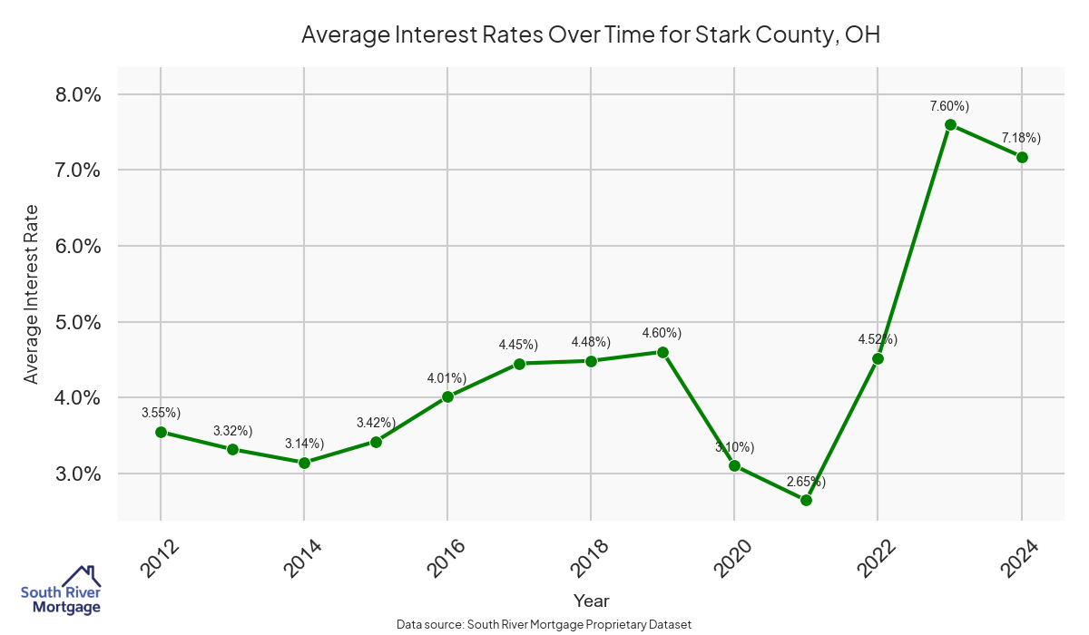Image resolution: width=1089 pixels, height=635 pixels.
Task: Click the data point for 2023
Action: click(x=950, y=125)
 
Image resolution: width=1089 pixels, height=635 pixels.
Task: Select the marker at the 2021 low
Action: click(x=806, y=500)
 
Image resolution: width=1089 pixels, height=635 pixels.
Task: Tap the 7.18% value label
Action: click(x=1021, y=138)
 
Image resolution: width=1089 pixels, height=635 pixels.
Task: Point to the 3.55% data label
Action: click(x=161, y=413)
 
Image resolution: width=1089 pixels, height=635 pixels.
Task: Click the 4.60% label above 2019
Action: click(x=662, y=333)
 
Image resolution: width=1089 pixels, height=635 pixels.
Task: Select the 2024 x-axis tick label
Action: click(x=1020, y=555)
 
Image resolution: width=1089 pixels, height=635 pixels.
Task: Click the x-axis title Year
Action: click(x=591, y=601)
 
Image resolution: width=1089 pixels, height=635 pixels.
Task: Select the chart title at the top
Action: click(x=591, y=35)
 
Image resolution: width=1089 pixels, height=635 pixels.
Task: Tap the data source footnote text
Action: click(x=544, y=624)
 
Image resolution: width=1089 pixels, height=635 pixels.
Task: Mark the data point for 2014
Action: click(x=304, y=463)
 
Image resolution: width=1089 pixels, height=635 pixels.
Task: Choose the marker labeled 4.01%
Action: click(x=447, y=396)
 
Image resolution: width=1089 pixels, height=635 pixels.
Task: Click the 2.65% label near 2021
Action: click(x=806, y=481)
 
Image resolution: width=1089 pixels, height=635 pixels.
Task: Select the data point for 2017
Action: click(x=519, y=364)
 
